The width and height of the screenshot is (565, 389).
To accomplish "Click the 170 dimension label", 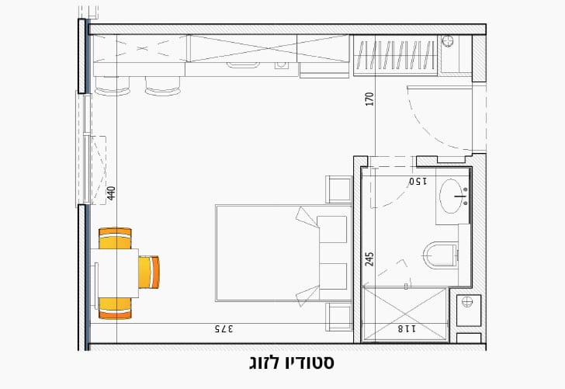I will [x=369, y=99].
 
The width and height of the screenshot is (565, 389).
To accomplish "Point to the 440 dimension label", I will [x=112, y=193].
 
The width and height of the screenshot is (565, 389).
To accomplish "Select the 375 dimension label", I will [x=224, y=329].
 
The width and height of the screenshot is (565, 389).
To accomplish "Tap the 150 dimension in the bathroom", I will [x=419, y=182].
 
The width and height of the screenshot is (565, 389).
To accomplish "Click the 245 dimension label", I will [x=369, y=259].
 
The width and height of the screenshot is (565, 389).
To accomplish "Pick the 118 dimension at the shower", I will [x=407, y=329].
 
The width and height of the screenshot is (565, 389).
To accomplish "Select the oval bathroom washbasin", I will [x=452, y=193].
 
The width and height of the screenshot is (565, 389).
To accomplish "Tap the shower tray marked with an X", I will [x=406, y=313].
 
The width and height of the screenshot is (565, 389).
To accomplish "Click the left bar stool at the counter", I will [x=113, y=86].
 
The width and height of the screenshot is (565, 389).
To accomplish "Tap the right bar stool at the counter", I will [x=161, y=86].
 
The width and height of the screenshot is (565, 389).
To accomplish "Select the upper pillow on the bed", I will [x=332, y=229].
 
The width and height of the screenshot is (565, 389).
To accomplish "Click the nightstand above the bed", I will [x=339, y=189].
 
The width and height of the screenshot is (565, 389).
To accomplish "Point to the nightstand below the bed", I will [x=339, y=317].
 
